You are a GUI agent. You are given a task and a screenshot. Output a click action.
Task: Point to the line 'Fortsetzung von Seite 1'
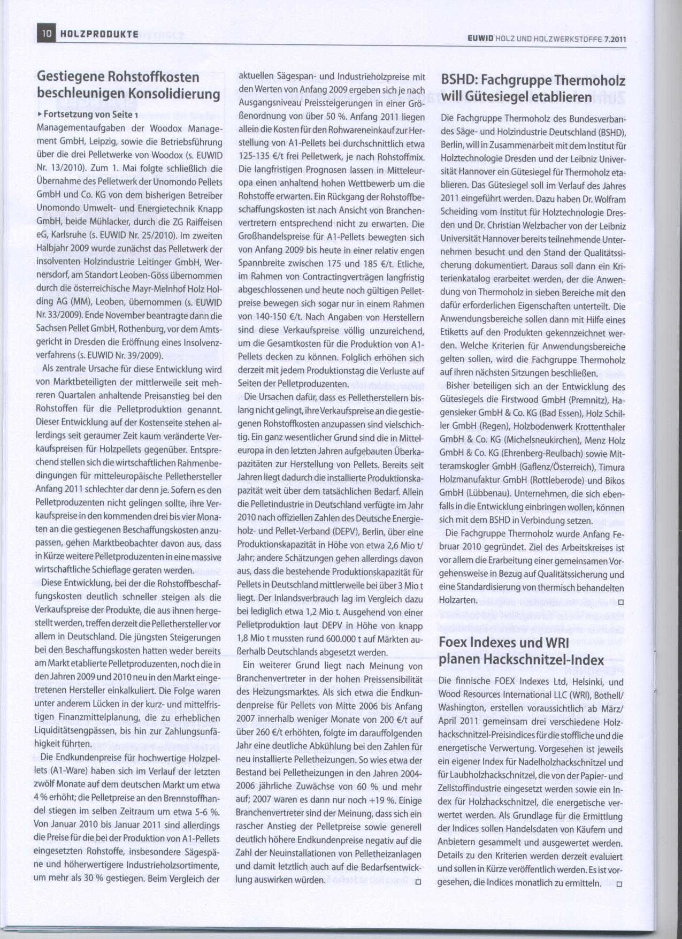point(90,114)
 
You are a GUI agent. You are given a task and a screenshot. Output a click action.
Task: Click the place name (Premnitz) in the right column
point(577,400)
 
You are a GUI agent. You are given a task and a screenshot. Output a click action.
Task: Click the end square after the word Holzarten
point(620,603)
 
